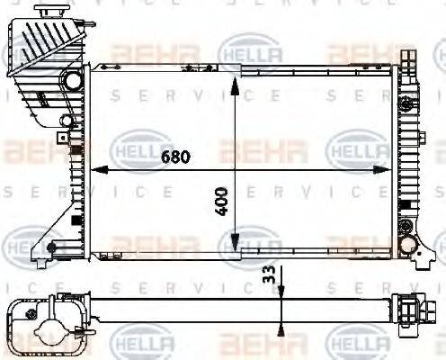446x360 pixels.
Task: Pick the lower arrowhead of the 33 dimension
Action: (282, 312)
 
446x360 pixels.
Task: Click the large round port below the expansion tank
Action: (71, 81)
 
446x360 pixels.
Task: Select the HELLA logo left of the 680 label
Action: (141, 146)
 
